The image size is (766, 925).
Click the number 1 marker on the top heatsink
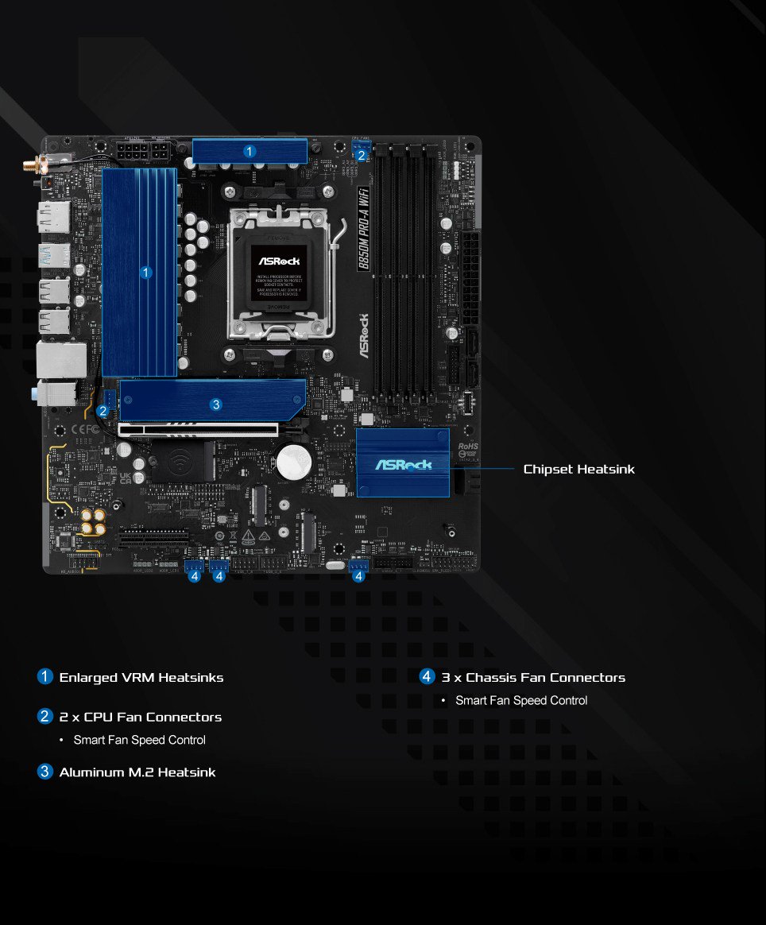pos(250,150)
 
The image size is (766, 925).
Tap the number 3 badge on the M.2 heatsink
pos(215,404)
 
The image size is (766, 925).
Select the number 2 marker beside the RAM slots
pos(362,156)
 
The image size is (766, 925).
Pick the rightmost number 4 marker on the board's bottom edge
pos(359,576)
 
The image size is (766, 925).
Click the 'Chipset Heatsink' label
pos(578,469)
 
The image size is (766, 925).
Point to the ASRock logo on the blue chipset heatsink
pos(403,464)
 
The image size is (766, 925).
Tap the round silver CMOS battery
pos(292,459)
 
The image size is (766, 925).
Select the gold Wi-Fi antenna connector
pos(35,167)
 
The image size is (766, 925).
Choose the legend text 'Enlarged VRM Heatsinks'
pos(141,678)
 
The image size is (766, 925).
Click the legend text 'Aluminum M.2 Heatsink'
pos(137,772)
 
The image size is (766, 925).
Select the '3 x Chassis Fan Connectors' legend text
pos(533,678)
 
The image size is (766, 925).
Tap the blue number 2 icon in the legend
pos(45,717)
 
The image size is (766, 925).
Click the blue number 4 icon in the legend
pos(427,677)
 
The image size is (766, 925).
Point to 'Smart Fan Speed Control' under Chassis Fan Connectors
pos(521,700)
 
